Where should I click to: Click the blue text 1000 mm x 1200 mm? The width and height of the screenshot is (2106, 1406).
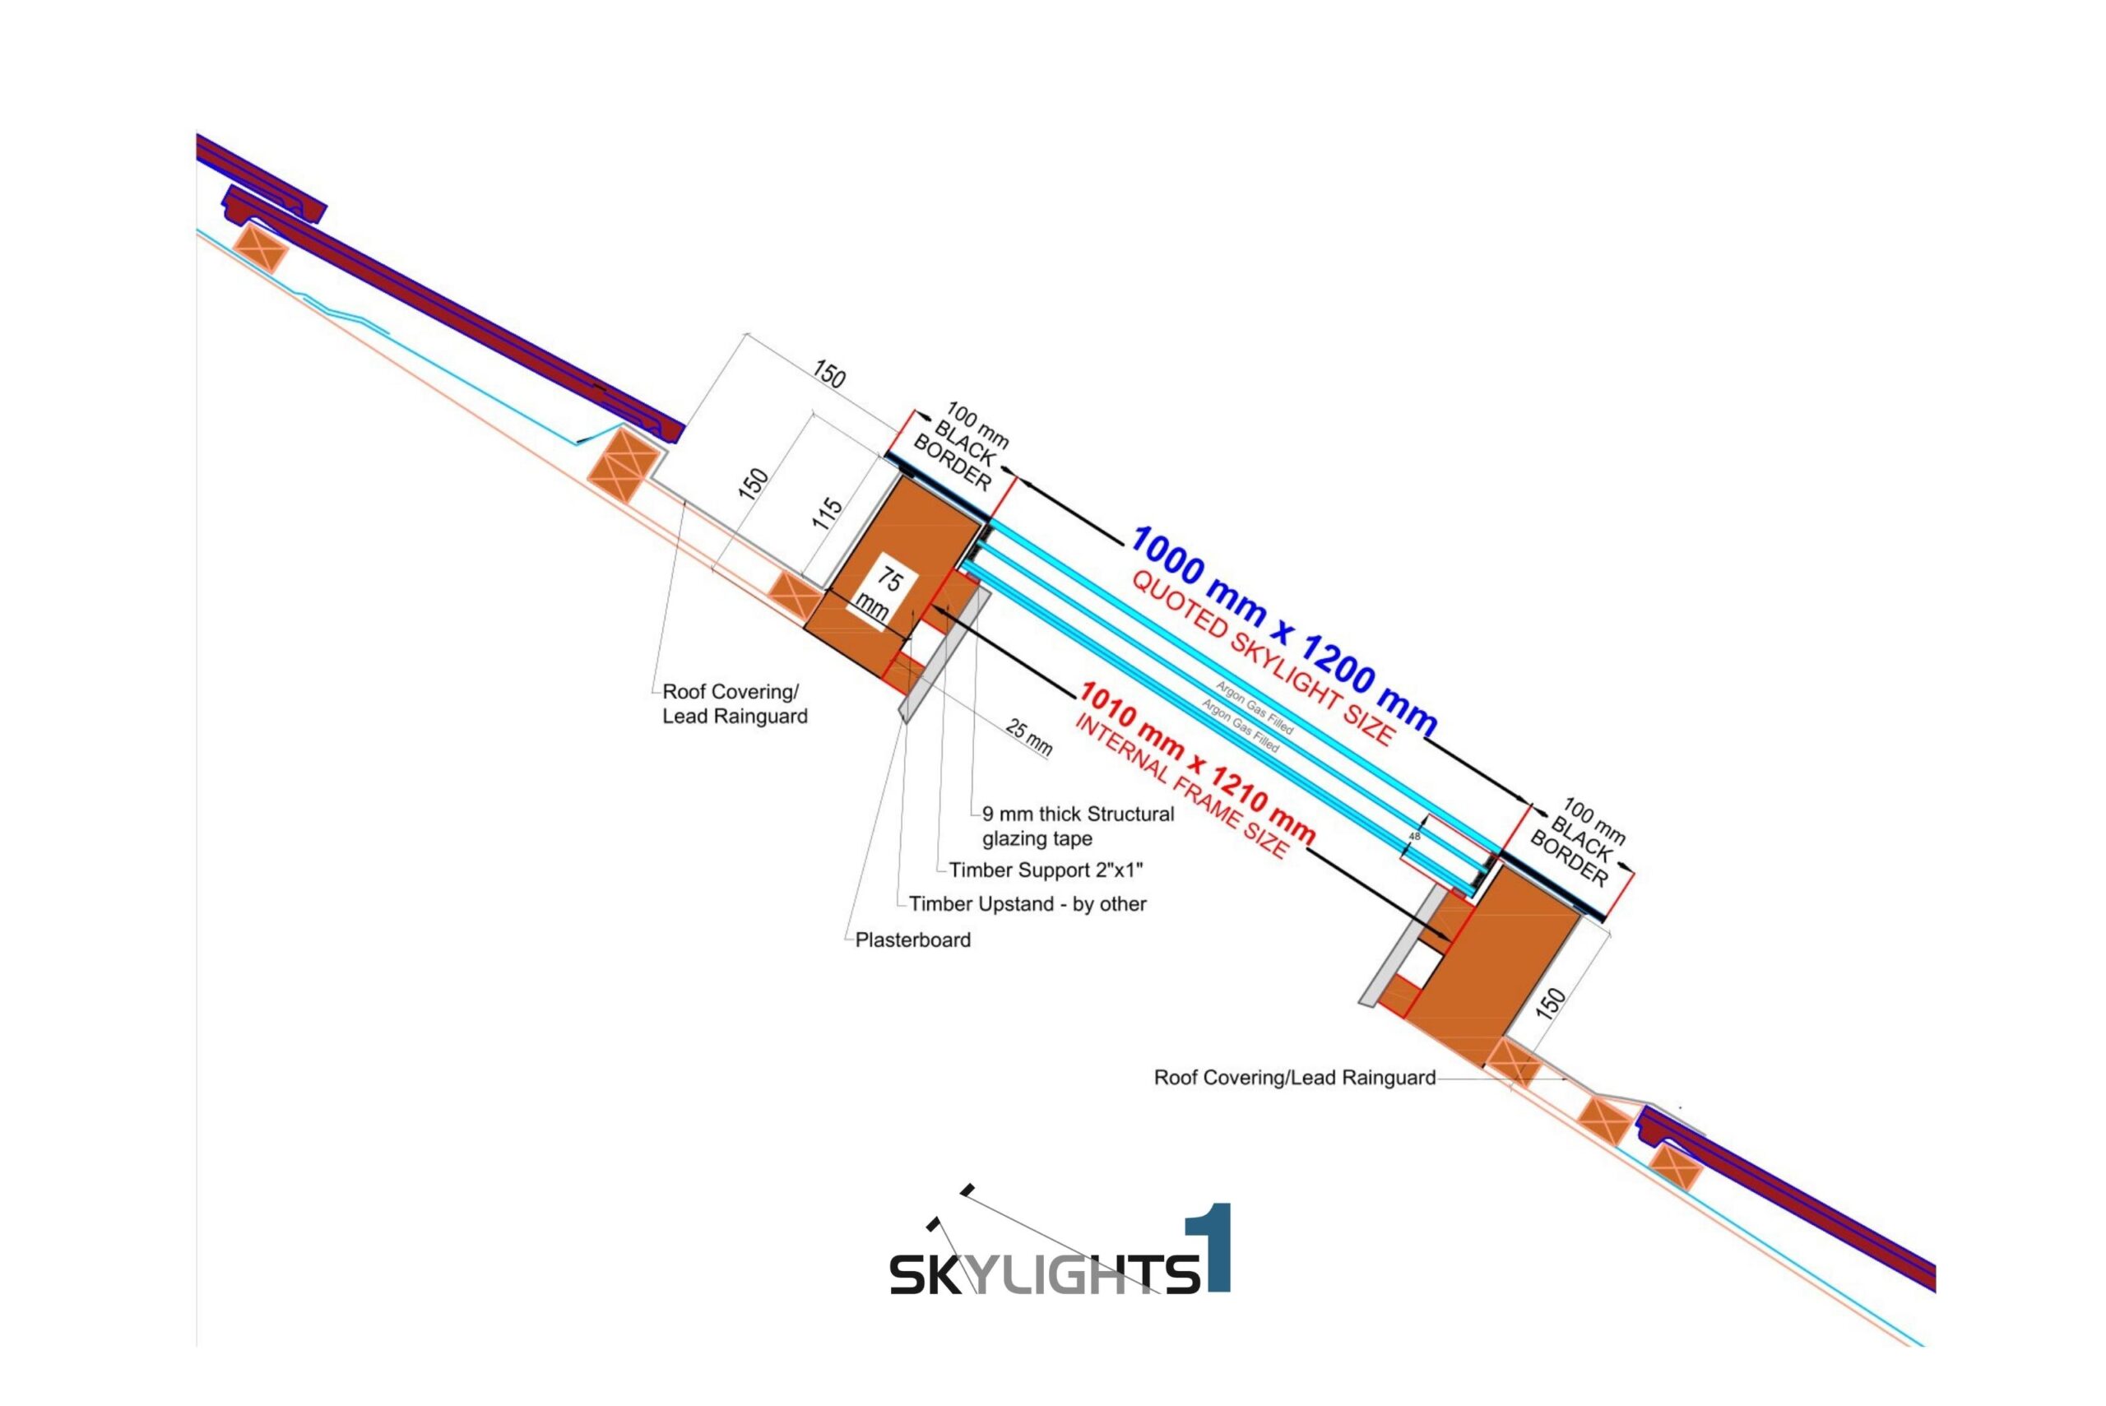point(1284,629)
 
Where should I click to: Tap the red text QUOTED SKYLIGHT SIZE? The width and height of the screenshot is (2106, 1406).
point(1264,657)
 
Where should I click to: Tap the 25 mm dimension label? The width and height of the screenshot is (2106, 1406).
point(1028,737)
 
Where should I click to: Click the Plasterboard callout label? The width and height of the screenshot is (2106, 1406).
point(912,940)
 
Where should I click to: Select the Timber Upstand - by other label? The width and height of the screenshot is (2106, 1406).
point(1027,904)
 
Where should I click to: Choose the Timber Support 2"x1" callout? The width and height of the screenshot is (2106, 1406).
point(1046,870)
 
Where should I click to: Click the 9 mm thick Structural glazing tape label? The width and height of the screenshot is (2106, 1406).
point(1078,826)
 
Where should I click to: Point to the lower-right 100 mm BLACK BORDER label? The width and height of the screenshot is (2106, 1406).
point(1577,841)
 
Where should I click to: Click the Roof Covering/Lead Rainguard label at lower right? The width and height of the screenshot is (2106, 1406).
point(1295,1077)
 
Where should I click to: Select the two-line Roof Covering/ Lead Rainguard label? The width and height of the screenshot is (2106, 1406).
point(735,704)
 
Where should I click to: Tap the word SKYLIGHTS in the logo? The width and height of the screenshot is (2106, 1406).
point(1045,1274)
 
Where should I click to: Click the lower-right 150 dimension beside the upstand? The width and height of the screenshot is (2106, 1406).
point(1550,1003)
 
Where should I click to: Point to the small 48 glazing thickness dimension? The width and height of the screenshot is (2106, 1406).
point(1415,836)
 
